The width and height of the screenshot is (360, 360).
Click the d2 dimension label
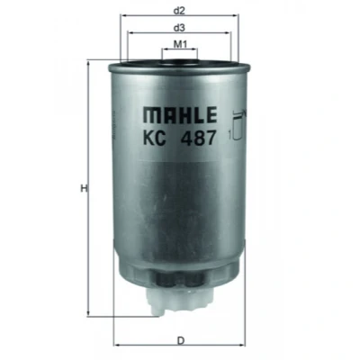[x=179, y=11]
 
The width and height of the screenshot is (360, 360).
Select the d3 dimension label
[x=179, y=28]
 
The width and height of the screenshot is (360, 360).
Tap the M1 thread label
[x=180, y=45]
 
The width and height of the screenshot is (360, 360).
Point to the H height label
[x=84, y=189]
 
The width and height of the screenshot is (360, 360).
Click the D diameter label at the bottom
[x=180, y=341]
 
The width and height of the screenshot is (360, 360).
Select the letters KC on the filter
[x=154, y=138]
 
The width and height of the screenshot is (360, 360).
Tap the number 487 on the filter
[x=199, y=138]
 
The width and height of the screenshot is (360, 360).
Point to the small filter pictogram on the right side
[x=238, y=125]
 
